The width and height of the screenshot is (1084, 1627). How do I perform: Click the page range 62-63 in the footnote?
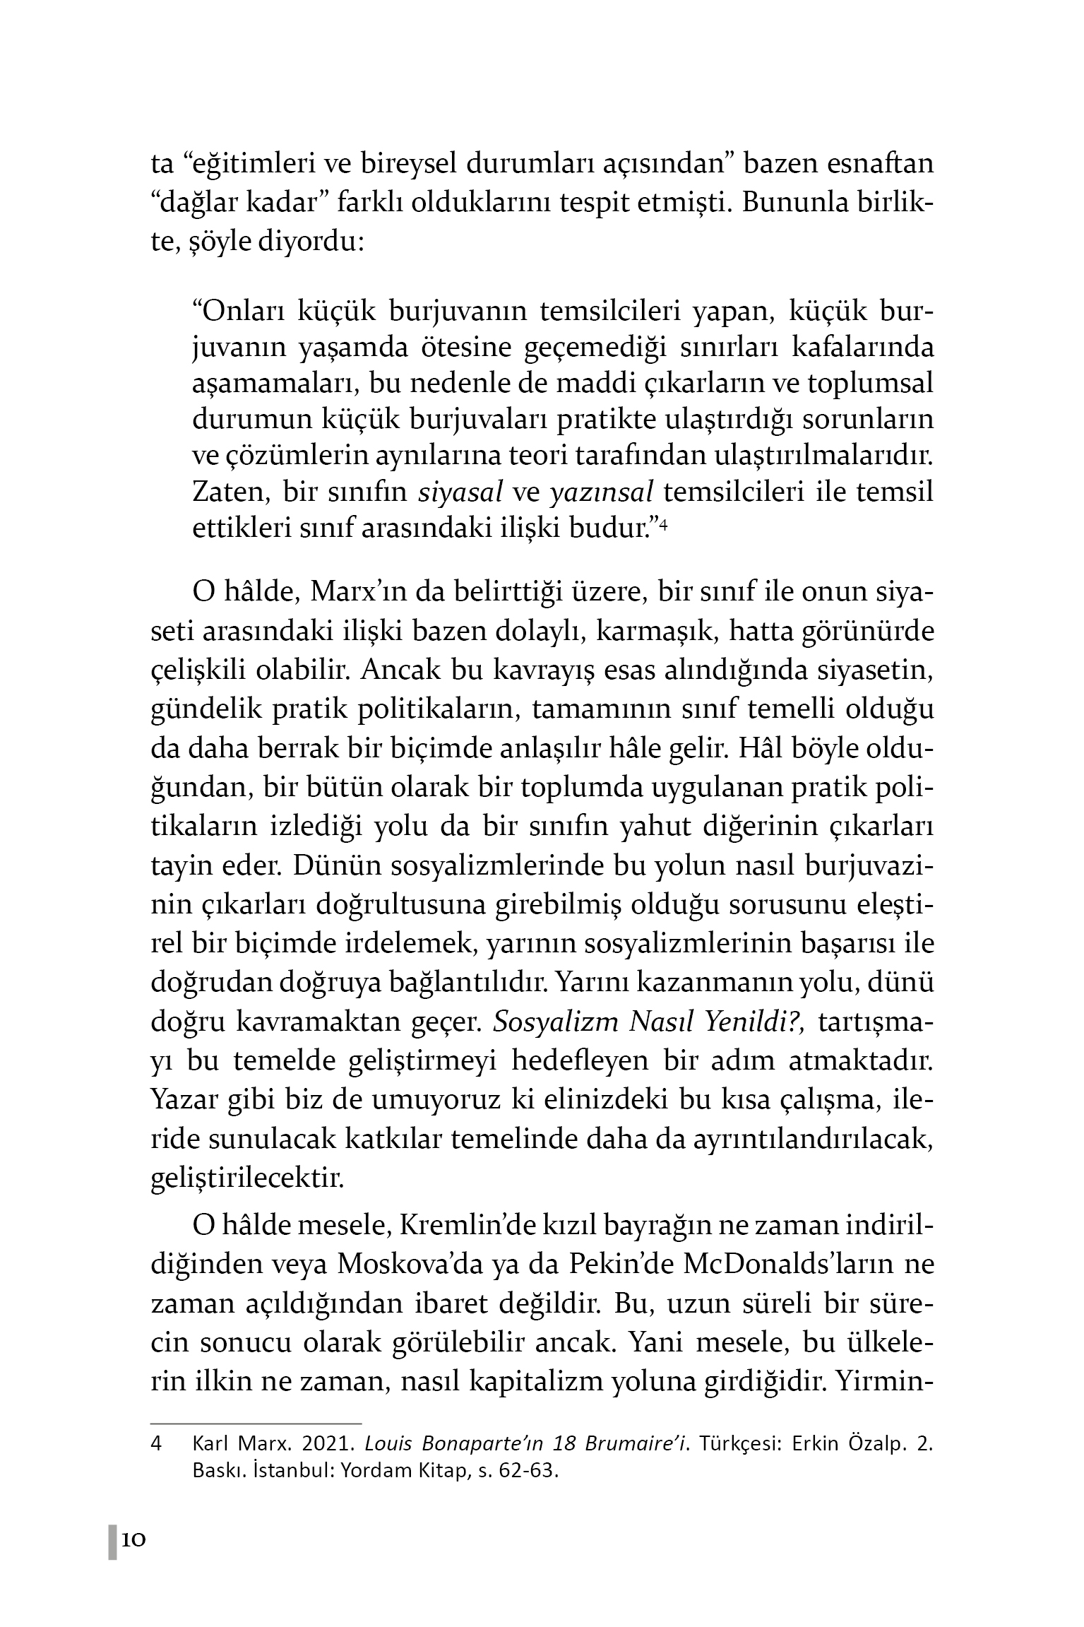pos(528,1472)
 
